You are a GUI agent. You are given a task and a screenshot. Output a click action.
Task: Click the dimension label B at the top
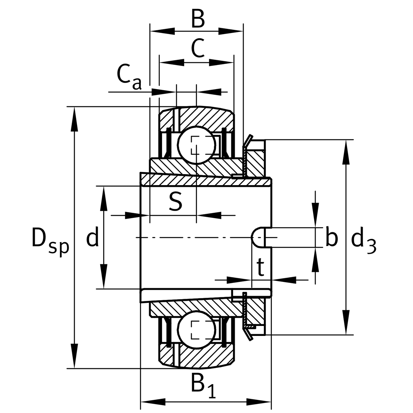[x=198, y=20]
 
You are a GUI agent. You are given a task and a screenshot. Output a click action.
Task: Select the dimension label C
[x=198, y=49]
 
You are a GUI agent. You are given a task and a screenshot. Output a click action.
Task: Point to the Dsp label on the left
[x=50, y=239]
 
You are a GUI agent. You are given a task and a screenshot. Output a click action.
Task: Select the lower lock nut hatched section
[x=255, y=311]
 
